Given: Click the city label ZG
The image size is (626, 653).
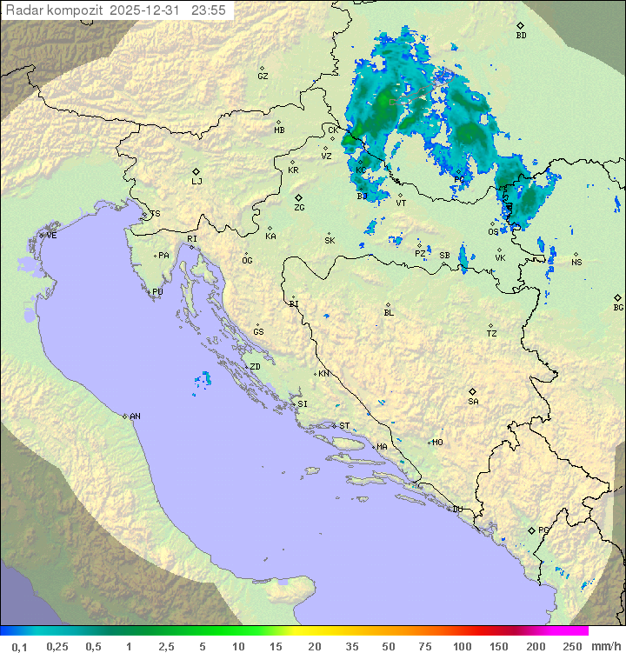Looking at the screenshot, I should pyautogui.click(x=299, y=208).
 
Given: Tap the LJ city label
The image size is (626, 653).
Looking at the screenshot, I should pyautogui.click(x=196, y=181).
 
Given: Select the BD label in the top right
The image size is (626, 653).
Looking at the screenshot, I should pyautogui.click(x=521, y=36).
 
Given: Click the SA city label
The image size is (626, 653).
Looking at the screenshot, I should pyautogui.click(x=473, y=401).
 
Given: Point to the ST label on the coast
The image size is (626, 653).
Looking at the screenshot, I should pyautogui.click(x=344, y=426).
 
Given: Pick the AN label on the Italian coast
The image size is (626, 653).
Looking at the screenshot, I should pyautogui.click(x=135, y=416).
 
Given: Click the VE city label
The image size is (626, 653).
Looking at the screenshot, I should pyautogui.click(x=51, y=236).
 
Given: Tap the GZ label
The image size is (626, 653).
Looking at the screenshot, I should pyautogui.click(x=263, y=77).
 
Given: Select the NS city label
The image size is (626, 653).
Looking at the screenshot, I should pyautogui.click(x=576, y=263).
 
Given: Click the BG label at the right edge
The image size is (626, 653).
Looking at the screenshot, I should pyautogui.click(x=618, y=307).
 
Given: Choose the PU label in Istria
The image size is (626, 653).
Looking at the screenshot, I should pyautogui.click(x=157, y=292).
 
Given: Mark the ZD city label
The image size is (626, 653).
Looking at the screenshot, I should pyautogui.click(x=255, y=367).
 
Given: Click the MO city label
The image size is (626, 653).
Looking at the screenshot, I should pyautogui.click(x=437, y=443).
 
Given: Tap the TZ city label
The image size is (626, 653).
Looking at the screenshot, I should pyautogui.click(x=492, y=334).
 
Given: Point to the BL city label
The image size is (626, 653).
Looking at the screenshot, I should pyautogui.click(x=389, y=313).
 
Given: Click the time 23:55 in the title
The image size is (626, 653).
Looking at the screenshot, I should pyautogui.click(x=210, y=10).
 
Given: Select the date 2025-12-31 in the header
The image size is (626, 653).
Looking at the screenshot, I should pyautogui.click(x=149, y=10).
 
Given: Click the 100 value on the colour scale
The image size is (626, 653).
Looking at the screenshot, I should pyautogui.click(x=462, y=646).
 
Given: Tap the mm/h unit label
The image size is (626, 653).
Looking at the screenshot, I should pyautogui.click(x=602, y=646).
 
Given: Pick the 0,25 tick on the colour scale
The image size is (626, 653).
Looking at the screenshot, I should pyautogui.click(x=57, y=646).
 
